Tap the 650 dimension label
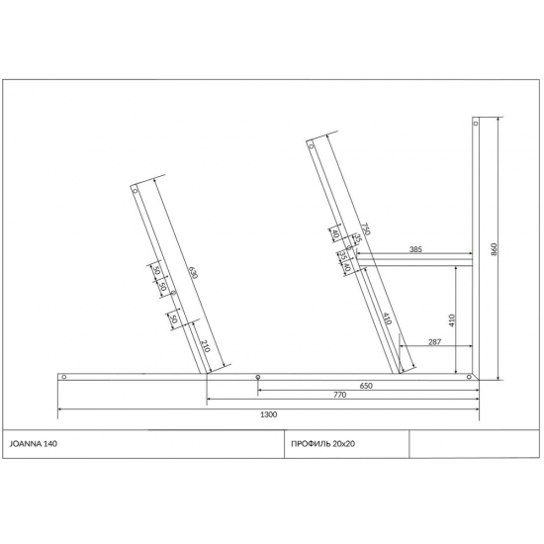coord(366,386)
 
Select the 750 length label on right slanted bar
coord(365,230)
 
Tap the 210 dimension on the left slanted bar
coord(205,346)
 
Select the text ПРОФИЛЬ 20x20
coord(323,444)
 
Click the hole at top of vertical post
coord(476,126)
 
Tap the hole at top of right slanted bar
coord(312,146)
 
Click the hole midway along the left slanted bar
coord(173,294)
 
